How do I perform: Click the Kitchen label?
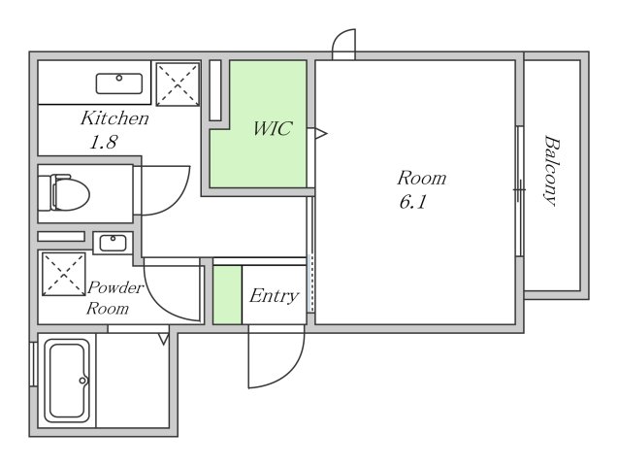pyautogui.click(x=114, y=118)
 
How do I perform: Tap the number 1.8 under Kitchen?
pyautogui.click(x=104, y=142)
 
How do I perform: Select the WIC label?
pyautogui.click(x=273, y=128)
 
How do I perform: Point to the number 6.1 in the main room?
pyautogui.click(x=412, y=202)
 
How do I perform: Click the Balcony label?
pyautogui.click(x=552, y=171)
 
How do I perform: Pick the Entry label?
pyautogui.click(x=274, y=296)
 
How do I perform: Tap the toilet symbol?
pyautogui.click(x=64, y=193)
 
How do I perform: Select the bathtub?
pyautogui.click(x=67, y=381)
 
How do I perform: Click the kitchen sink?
pyautogui.click(x=119, y=83)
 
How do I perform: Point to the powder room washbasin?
pyautogui.click(x=113, y=243)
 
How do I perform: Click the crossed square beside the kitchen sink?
pyautogui.click(x=178, y=83)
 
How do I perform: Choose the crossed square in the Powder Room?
pyautogui.click(x=63, y=275)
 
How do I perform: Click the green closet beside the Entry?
pyautogui.click(x=227, y=295)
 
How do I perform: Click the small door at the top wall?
pyautogui.click(x=343, y=44)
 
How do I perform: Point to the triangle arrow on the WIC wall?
pyautogui.click(x=320, y=134)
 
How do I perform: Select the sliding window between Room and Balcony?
pyautogui.click(x=519, y=191)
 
